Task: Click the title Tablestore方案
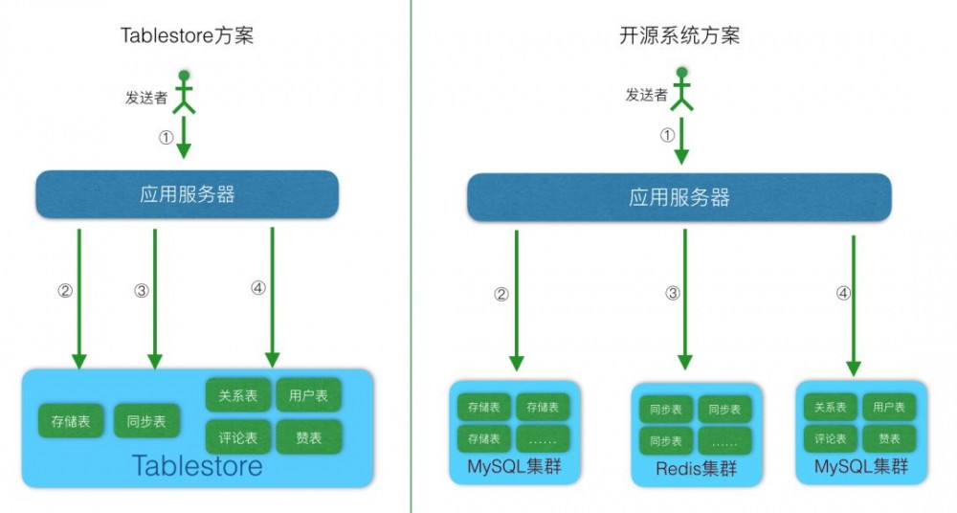click(x=187, y=36)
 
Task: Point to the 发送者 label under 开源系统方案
click(x=646, y=95)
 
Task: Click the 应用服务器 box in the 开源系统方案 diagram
click(x=679, y=198)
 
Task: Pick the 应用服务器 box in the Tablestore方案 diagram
click(x=187, y=194)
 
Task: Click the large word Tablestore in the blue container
click(x=196, y=466)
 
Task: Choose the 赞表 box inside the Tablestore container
click(x=309, y=437)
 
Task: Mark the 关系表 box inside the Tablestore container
click(x=238, y=395)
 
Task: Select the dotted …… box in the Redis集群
click(x=724, y=441)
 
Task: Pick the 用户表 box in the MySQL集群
click(x=889, y=407)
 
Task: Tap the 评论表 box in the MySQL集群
click(x=830, y=439)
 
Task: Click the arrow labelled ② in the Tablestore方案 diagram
click(x=78, y=297)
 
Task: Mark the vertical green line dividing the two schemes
click(x=412, y=256)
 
